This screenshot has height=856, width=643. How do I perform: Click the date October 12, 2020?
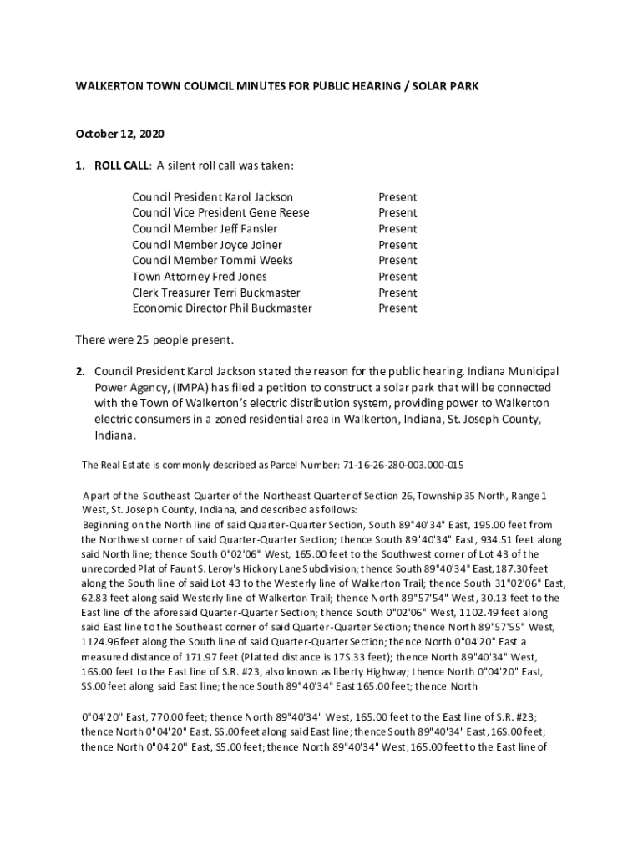(120, 134)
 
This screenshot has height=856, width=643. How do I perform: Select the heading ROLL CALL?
(121, 166)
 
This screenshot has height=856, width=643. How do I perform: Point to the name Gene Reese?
(278, 213)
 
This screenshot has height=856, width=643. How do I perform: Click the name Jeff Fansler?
(248, 229)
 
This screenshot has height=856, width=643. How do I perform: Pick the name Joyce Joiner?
(250, 245)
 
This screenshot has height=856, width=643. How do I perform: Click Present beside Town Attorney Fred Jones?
(397, 277)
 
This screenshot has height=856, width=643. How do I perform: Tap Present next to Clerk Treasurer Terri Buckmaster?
(397, 293)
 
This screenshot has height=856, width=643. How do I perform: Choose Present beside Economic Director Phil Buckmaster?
(397, 308)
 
